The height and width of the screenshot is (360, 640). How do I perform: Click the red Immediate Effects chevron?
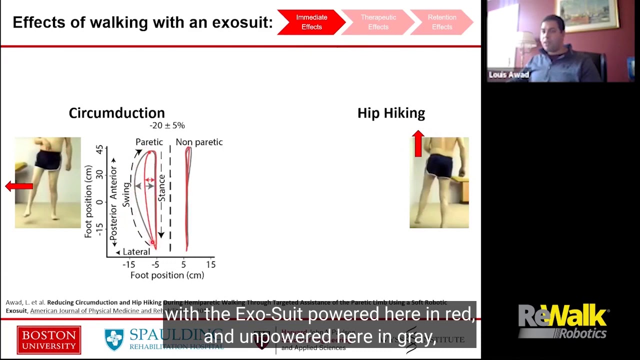(311, 22)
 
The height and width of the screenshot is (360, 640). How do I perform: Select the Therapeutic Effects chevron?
(378, 22)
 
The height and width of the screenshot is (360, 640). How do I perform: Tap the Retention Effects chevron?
(442, 22)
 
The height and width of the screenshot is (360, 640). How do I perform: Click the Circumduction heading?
(116, 113)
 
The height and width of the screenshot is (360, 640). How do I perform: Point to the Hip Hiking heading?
(391, 113)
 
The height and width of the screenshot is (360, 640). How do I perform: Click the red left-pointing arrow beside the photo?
(19, 186)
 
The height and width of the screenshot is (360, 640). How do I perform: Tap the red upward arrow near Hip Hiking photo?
(418, 143)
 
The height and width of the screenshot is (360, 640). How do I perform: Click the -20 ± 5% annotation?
(167, 125)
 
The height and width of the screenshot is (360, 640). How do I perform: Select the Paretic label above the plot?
(149, 142)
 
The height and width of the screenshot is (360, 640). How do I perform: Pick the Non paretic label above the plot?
(199, 142)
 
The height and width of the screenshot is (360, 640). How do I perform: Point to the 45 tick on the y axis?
(100, 149)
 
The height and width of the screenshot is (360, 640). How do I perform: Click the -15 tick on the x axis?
(128, 264)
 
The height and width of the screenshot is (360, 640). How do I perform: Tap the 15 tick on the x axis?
(210, 264)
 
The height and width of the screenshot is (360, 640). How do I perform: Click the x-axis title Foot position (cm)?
(167, 275)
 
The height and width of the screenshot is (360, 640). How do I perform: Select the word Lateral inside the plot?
(136, 252)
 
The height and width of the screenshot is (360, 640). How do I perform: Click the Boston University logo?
(48, 339)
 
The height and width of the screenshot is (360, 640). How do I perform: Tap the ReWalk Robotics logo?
(563, 321)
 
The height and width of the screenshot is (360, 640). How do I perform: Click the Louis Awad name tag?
(508, 75)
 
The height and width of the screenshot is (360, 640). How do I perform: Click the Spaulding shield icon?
(114, 339)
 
